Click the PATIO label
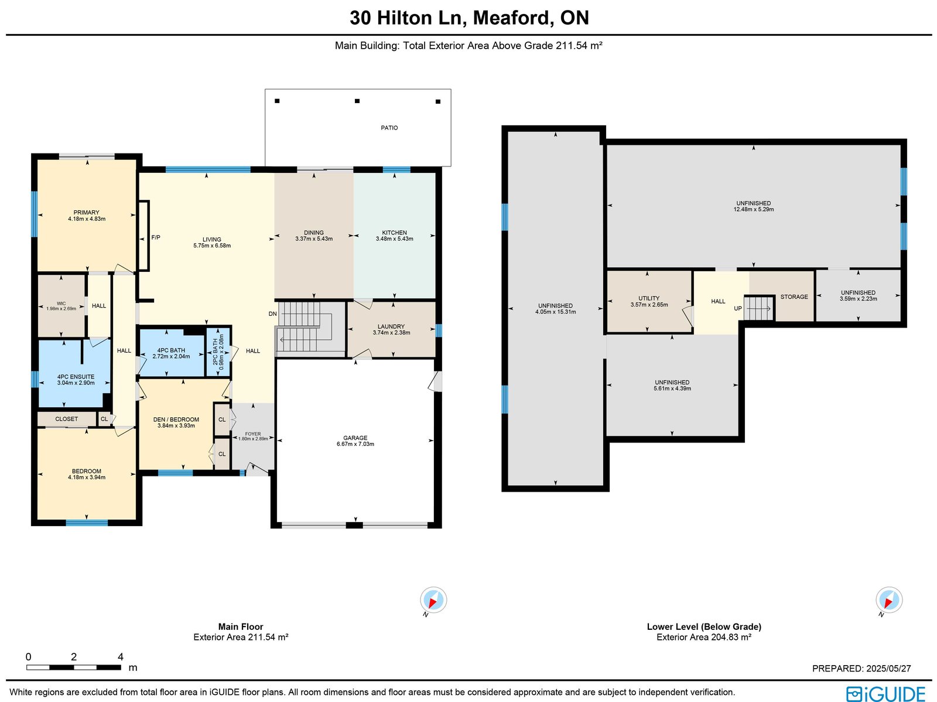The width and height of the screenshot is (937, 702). [x=389, y=128]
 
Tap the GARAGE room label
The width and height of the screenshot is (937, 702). [x=355, y=438]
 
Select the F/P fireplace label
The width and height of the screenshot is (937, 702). [x=156, y=237]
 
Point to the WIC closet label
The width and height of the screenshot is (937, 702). [x=61, y=304]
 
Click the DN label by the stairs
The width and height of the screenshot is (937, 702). [x=272, y=314]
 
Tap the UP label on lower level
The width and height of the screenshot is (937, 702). [x=738, y=308]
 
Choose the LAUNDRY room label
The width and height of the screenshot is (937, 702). [x=391, y=326]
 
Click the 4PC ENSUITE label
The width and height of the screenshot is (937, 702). [x=76, y=377]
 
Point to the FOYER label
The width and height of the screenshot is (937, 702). [x=253, y=434]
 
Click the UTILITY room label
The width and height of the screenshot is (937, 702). [x=649, y=298]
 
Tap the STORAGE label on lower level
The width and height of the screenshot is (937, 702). [x=794, y=297]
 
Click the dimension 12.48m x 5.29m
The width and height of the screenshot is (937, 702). [x=754, y=209]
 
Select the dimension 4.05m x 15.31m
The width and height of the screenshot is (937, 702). [x=555, y=312]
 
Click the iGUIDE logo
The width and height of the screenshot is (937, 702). [x=885, y=693]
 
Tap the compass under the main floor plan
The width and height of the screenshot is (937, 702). [x=433, y=600]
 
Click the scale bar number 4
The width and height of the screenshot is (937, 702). [x=121, y=657]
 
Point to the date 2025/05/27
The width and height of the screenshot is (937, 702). [x=888, y=668]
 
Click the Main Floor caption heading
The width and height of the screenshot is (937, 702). [x=241, y=626]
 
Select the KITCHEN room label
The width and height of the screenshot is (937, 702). [x=395, y=233]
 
